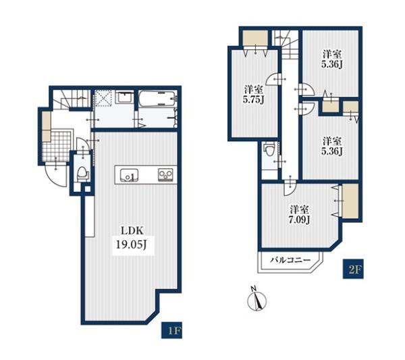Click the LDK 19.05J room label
[133, 238]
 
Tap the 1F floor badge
[171, 330]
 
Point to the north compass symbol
[257, 299]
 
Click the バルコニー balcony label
[290, 260]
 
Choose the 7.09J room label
[299, 214]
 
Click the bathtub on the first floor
[158, 98]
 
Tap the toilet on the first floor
[82, 173]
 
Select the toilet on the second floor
[269, 150]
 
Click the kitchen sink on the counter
[129, 176]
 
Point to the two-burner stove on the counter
[165, 174]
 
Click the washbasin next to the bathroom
[124, 98]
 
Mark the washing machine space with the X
[103, 98]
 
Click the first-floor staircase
[72, 99]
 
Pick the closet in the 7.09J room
[350, 201]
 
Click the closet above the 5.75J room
[255, 38]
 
